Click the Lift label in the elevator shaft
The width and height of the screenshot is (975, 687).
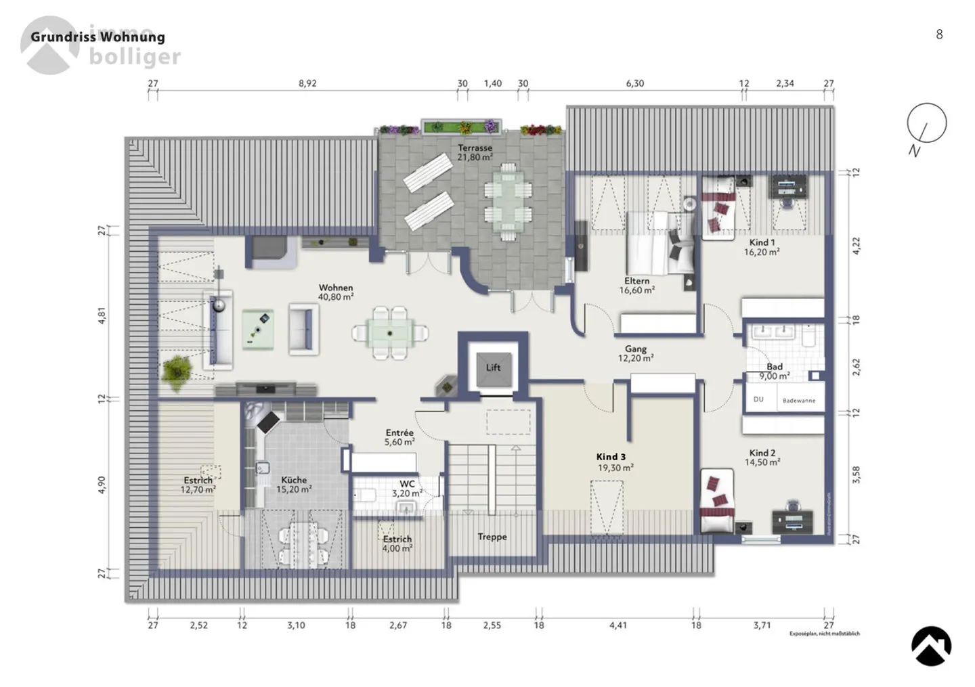tap(493, 368)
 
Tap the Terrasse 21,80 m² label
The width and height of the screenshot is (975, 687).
tap(475, 152)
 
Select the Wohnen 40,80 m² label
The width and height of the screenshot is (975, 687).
tap(336, 292)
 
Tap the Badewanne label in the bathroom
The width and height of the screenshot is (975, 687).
tap(799, 401)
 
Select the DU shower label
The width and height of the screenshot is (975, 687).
tap(758, 400)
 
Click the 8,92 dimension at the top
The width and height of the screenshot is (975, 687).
tap(307, 84)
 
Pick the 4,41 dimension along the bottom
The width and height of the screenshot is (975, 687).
tap(617, 625)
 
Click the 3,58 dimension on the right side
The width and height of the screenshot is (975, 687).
tap(856, 474)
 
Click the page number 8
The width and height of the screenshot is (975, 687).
tap(939, 35)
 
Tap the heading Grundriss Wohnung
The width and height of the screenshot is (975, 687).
tap(97, 37)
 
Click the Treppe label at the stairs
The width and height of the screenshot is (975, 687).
tap(492, 537)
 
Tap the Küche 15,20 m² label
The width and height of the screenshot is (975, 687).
tap(294, 485)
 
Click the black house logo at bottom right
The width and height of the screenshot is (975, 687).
tap(931, 646)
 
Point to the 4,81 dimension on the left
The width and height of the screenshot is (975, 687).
tap(102, 316)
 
